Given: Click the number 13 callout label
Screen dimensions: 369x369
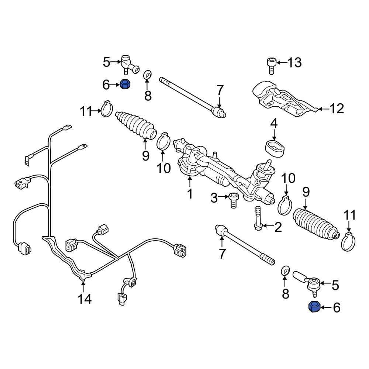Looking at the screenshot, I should (294, 63).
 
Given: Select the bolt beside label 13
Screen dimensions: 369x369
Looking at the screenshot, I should (270, 66).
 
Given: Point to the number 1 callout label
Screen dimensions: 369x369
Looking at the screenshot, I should (190, 193).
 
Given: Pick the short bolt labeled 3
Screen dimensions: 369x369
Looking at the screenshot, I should (233, 200).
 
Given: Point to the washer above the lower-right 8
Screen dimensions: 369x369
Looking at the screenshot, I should (285, 270).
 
